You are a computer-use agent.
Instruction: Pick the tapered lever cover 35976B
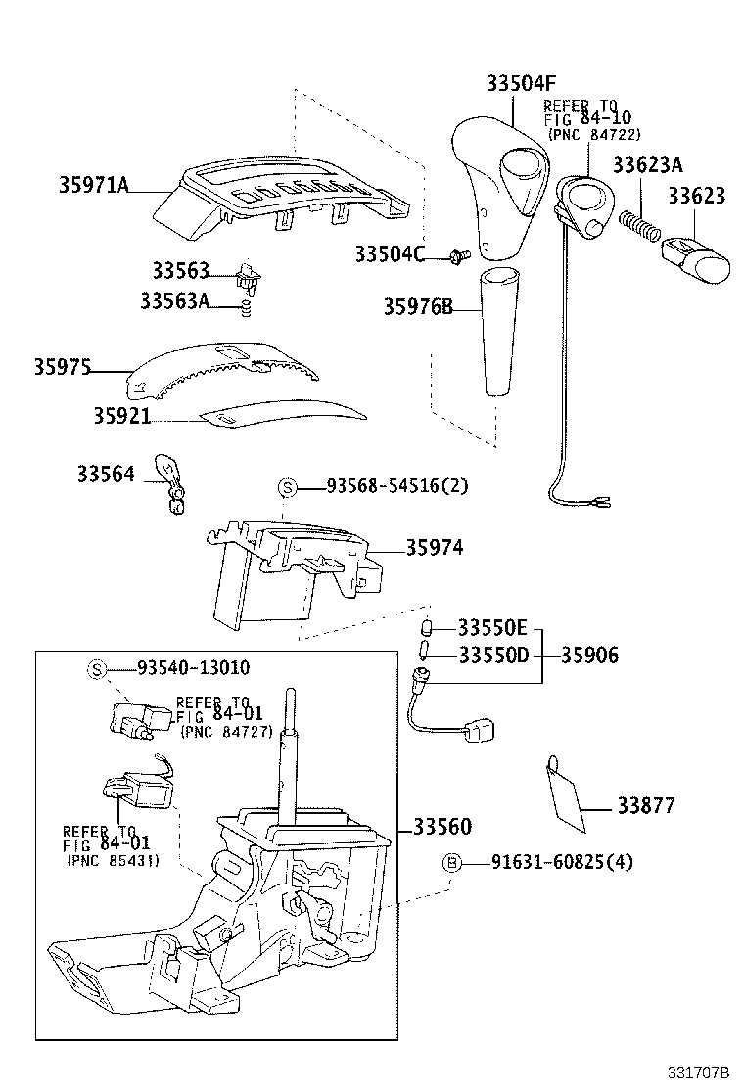coord(496,333)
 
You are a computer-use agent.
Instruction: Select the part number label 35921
coord(121,416)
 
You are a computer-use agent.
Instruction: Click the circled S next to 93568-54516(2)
coord(287,487)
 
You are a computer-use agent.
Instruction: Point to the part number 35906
coord(589,656)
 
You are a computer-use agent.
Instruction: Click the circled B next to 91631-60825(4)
coord(451,862)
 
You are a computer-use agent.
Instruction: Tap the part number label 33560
coord(442,828)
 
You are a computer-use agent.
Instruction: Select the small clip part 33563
coord(249,277)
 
